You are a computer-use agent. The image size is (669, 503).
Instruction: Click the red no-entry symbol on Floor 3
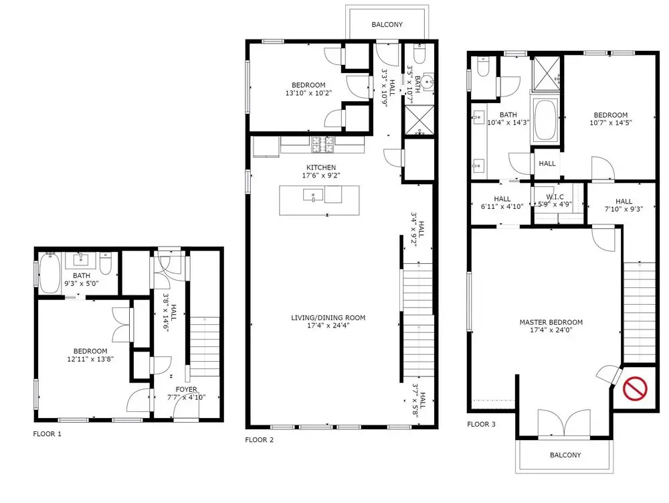[635, 388]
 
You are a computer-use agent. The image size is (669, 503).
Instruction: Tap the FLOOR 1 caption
[47, 434]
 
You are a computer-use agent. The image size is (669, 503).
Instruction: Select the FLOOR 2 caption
[260, 440]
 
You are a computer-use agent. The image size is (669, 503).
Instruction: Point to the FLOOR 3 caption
[481, 424]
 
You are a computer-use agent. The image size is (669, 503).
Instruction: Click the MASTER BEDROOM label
[551, 322]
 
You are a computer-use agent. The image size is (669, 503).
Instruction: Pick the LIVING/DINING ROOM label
[328, 317]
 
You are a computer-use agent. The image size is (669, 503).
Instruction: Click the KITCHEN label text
[321, 167]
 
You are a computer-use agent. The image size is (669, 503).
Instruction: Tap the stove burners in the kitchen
[322, 144]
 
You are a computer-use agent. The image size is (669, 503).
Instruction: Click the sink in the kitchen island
[314, 196]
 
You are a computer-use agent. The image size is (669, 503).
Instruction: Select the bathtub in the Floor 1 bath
[50, 273]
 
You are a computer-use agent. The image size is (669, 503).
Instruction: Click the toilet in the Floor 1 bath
[106, 263]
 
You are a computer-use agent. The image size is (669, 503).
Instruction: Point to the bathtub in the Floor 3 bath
[544, 121]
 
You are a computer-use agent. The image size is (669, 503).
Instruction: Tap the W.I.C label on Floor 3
[555, 197]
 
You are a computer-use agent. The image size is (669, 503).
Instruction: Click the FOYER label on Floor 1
[186, 389]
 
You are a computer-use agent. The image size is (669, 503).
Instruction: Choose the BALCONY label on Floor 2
[387, 25]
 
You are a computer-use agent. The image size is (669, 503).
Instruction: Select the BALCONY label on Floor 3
[565, 455]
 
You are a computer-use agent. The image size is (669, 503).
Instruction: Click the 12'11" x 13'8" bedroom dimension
[90, 359]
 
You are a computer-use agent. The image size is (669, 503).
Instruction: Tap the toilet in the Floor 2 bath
[419, 54]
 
